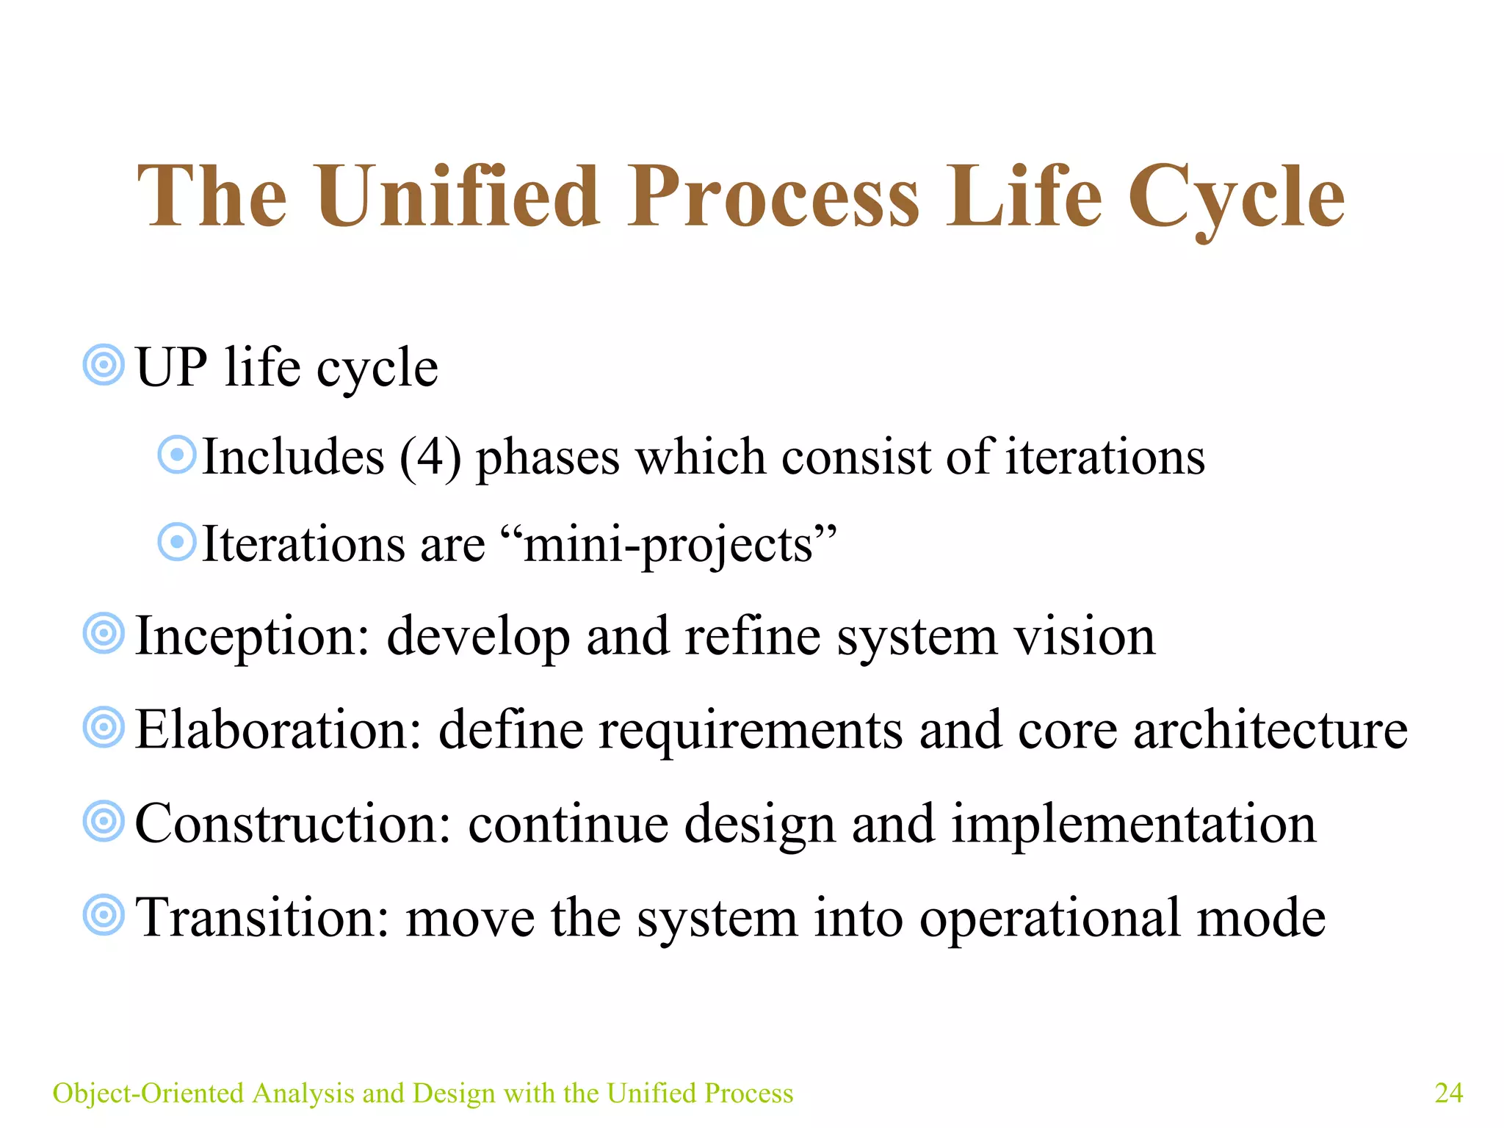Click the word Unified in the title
[458, 197]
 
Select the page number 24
[1448, 1093]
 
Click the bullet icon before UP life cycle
[104, 364]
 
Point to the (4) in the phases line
[430, 457]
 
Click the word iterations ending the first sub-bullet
[1104, 457]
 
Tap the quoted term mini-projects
[668, 545]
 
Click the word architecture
[1270, 730]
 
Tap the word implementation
[1134, 824]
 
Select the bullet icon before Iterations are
[177, 543]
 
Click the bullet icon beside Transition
[104, 915]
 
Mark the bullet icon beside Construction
[104, 821]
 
